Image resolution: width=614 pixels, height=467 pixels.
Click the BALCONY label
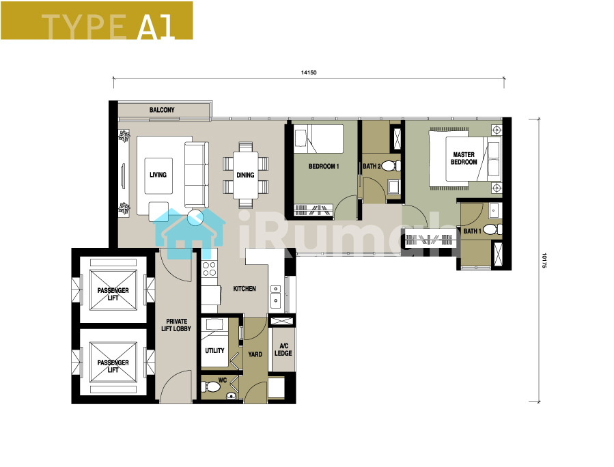[162, 110]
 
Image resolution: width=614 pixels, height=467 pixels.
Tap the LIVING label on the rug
[158, 175]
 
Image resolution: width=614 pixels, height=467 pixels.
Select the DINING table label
[245, 175]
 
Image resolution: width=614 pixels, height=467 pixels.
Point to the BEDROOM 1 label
[324, 167]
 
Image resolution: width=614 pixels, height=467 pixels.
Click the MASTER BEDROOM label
[464, 158]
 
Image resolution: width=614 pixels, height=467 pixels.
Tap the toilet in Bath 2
[391, 166]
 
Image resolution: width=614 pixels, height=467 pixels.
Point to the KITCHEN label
[245, 289]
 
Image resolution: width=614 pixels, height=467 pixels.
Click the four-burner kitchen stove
[209, 268]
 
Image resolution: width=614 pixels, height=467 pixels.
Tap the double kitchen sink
[276, 296]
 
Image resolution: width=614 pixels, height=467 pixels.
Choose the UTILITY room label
[214, 350]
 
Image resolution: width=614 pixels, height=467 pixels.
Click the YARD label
[255, 354]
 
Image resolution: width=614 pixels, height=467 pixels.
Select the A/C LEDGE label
[283, 350]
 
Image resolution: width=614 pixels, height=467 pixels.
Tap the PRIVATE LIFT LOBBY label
[176, 325]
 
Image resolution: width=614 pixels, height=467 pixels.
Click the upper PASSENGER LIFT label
[113, 294]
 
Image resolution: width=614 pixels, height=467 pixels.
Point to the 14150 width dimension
[309, 72]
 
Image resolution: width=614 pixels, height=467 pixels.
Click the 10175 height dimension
[544, 260]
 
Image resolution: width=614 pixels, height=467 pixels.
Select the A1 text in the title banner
[156, 27]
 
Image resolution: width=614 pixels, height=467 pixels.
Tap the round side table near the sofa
[195, 217]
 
